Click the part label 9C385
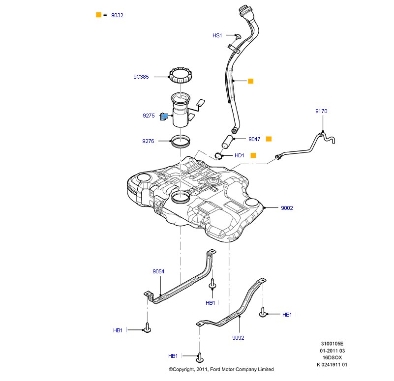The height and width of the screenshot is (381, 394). point(141,77)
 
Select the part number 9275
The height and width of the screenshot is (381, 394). point(149,116)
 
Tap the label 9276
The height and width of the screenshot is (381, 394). point(149,141)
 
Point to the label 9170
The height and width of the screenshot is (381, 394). point(321,112)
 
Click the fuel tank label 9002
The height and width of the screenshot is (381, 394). point(287,208)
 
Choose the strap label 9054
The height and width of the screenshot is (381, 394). point(158,271)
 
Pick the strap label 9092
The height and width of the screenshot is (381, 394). point(238,338)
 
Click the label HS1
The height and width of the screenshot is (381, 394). point(217,35)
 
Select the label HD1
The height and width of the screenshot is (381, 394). point(240,155)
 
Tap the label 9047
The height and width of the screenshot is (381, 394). point(254,139)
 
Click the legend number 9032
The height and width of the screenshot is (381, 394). point(117,15)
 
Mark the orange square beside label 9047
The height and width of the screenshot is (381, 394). point(269,139)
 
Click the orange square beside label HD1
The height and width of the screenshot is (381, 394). point(253,155)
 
